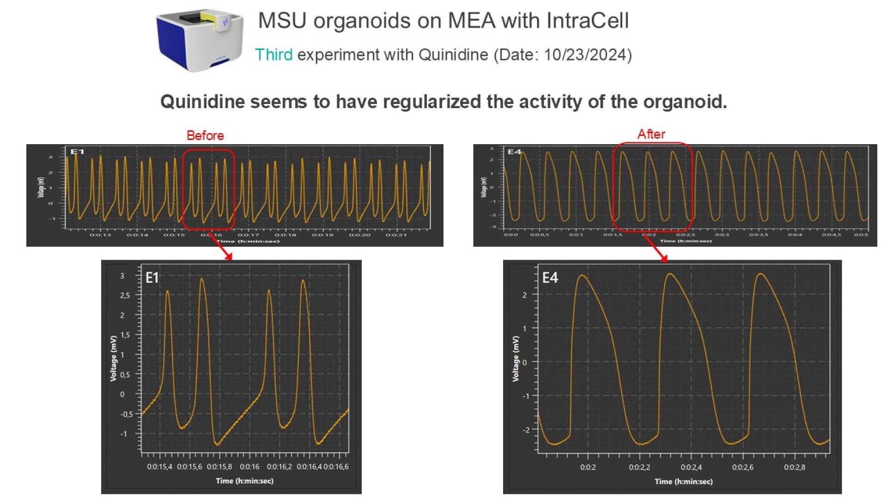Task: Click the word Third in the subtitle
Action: pyautogui.click(x=273, y=55)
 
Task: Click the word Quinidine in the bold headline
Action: pyautogui.click(x=202, y=102)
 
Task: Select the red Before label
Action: pyautogui.click(x=205, y=136)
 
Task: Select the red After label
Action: pyautogui.click(x=651, y=134)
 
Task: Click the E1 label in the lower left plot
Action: pyautogui.click(x=152, y=277)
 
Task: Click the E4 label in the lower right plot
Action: pyautogui.click(x=550, y=278)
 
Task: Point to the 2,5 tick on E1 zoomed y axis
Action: pyautogui.click(x=125, y=295)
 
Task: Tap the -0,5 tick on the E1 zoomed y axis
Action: pyautogui.click(x=126, y=414)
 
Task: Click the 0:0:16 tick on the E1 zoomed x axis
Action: pyautogui.click(x=249, y=467)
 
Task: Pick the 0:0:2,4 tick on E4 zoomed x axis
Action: pyautogui.click(x=691, y=467)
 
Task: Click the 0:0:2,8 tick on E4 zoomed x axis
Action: pyautogui.click(x=795, y=467)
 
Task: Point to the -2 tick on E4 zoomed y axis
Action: pyautogui.click(x=526, y=430)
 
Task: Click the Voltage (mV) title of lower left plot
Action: pyautogui.click(x=114, y=358)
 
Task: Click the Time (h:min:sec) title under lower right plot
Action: pyautogui.click(x=683, y=481)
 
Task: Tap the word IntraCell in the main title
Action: pyautogui.click(x=587, y=21)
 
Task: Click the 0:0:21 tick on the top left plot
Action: pyautogui.click(x=396, y=235)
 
